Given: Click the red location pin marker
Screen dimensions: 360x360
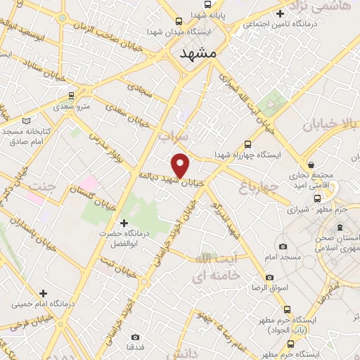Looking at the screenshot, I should [181, 165].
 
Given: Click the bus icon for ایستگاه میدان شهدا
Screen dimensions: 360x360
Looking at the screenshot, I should [179, 21].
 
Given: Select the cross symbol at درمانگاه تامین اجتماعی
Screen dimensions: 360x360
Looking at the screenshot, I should [281, 13].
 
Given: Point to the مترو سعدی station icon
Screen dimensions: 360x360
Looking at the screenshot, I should [71, 94].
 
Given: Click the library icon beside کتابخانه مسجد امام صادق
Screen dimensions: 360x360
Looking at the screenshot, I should [27, 121].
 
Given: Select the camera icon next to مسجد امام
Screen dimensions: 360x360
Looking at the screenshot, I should [283, 246].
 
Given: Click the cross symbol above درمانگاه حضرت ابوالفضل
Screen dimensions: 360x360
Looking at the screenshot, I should [124, 223].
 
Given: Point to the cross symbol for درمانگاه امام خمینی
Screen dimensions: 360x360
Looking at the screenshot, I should [44, 292].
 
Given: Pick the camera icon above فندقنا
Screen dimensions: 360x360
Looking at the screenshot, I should [135, 337].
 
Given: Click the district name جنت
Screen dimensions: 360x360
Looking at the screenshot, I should [42, 186].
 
